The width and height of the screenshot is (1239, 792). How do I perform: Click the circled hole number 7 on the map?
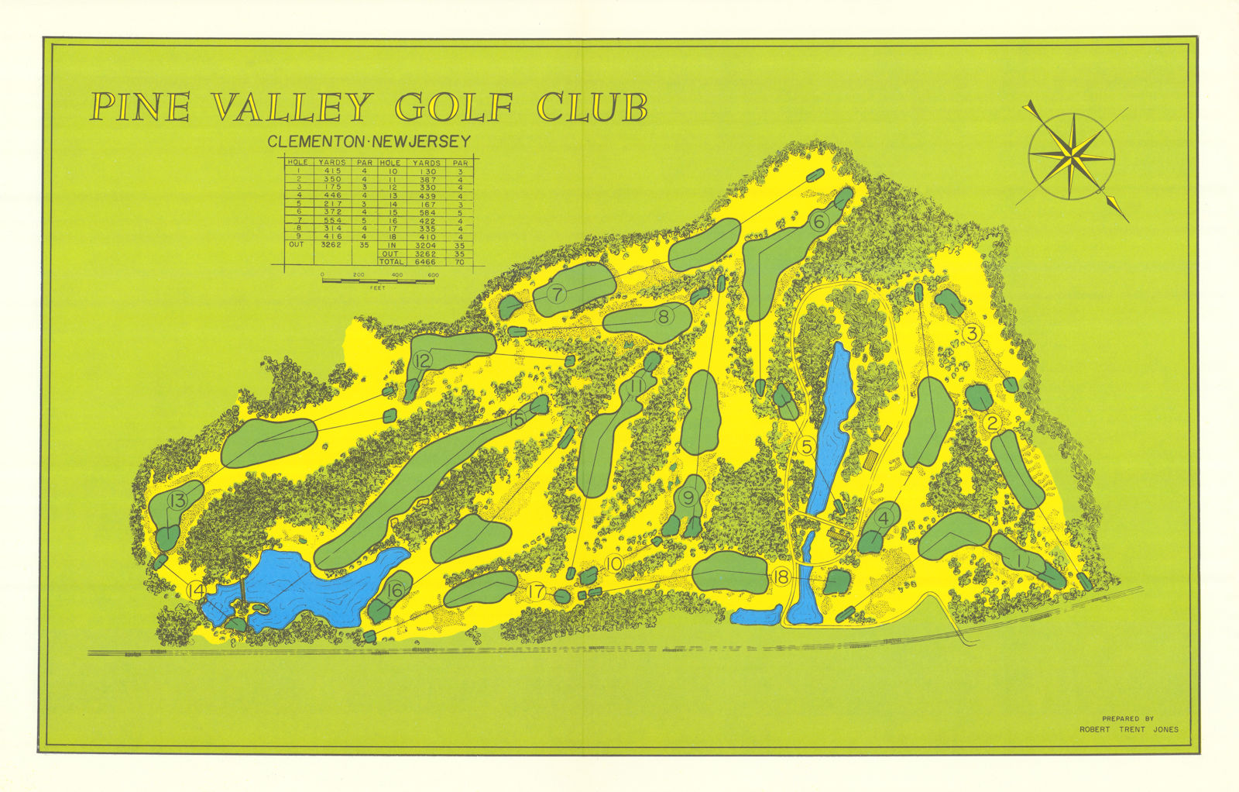coord(557,294)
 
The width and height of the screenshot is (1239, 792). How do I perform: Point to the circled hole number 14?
coord(197,591)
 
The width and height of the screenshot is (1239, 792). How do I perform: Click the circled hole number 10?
coord(613,564)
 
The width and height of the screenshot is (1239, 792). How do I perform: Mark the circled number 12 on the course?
coord(422,360)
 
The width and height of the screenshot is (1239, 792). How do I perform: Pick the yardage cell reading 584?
coord(426,212)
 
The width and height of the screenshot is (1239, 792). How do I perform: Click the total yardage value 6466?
coord(426,262)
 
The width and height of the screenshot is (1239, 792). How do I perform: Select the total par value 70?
coord(461,262)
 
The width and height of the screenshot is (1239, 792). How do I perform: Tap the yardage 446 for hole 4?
coord(332,195)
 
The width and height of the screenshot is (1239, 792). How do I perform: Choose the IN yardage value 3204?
coord(426,246)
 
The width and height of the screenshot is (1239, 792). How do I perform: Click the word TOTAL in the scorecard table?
coord(390,262)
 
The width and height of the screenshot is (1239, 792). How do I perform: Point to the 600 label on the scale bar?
coord(433,275)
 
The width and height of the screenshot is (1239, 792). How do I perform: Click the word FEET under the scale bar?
coord(378,288)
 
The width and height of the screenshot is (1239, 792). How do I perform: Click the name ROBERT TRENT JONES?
coord(1129,729)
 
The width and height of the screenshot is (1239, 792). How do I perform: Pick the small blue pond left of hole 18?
coord(756,617)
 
